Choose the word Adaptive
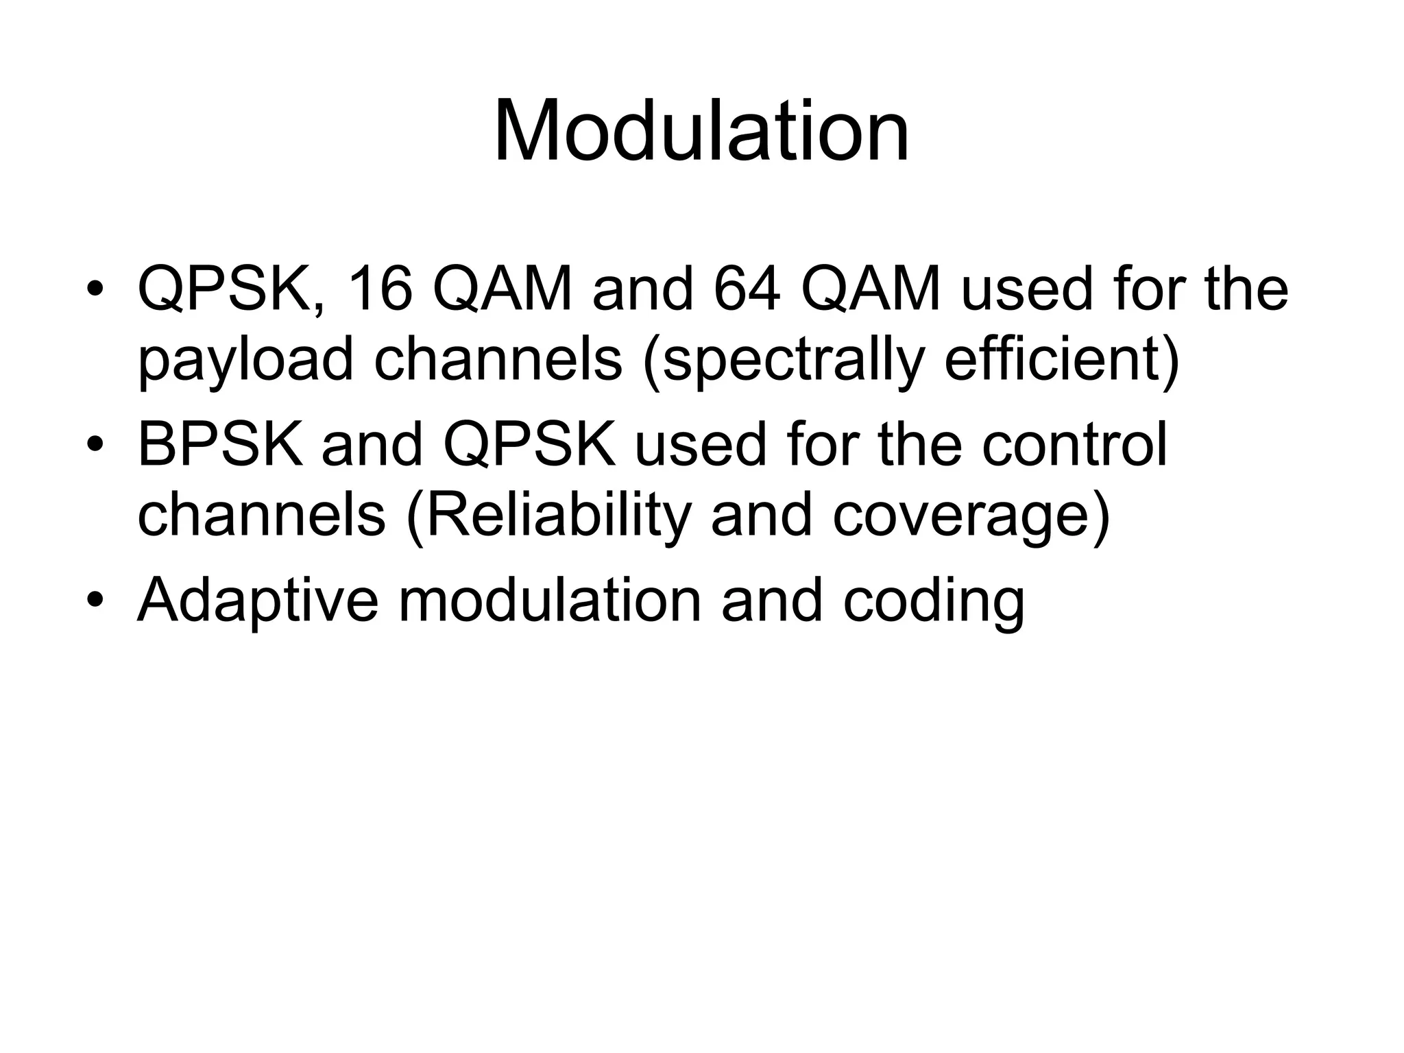tap(258, 601)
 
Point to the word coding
tap(933, 601)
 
